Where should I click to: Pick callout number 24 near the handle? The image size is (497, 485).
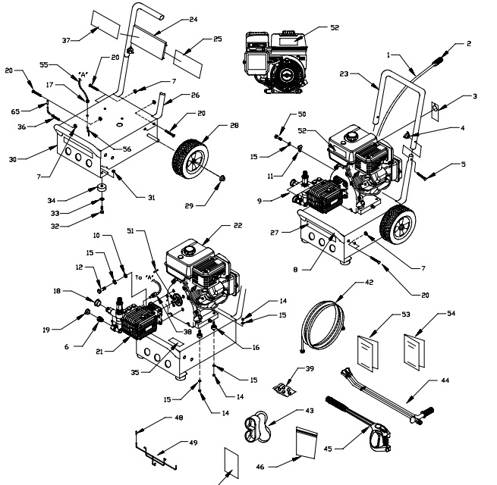(193, 18)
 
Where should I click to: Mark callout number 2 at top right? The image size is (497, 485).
(468, 43)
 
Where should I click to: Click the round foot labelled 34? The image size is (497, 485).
(101, 188)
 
